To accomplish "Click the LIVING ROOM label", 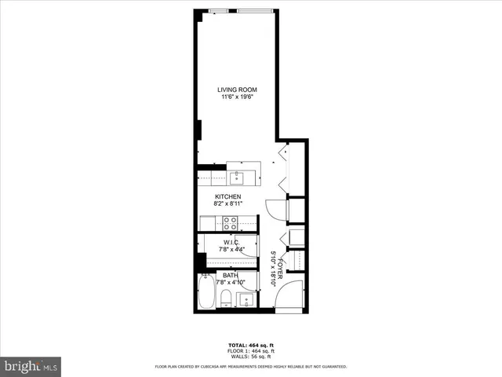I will [x=237, y=90].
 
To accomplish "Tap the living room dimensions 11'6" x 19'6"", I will [x=237, y=97].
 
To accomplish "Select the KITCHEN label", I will [x=228, y=196].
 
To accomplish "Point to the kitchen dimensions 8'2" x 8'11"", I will [x=228, y=204].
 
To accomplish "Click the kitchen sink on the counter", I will [x=236, y=177].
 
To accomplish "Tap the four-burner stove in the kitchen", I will [x=231, y=222].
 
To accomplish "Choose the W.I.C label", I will [x=231, y=242].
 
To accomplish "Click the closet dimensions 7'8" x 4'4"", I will [x=231, y=250].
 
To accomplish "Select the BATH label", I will [x=230, y=275].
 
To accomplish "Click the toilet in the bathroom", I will [x=225, y=297].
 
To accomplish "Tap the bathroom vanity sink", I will [x=246, y=299].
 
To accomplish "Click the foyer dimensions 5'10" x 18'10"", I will [x=272, y=268].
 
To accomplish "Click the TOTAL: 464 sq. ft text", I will [x=250, y=345].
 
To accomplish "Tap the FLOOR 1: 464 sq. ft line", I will [x=250, y=350].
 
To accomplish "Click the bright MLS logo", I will [x=31, y=366].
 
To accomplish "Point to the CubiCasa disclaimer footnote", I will [x=250, y=366].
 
